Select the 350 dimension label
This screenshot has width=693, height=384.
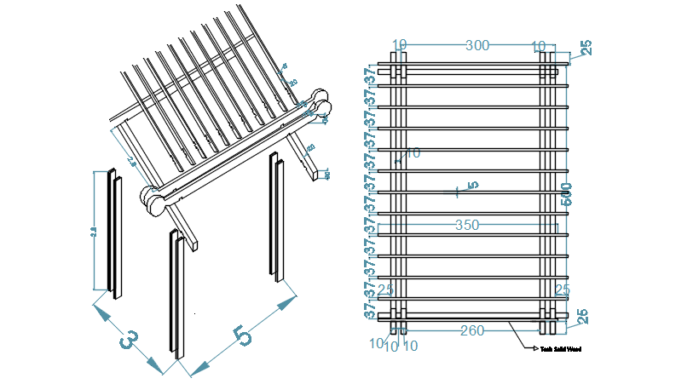[467, 226]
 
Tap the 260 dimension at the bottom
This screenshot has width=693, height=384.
[472, 330]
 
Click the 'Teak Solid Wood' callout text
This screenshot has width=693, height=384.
[559, 348]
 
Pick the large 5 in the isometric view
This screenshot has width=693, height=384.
[243, 335]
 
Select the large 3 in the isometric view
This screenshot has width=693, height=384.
[128, 340]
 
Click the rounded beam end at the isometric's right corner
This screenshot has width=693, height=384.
[321, 100]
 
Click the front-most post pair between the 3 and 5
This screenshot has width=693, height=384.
[176, 294]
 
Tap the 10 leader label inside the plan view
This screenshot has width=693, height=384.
[413, 153]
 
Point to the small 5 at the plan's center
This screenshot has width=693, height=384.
[473, 185]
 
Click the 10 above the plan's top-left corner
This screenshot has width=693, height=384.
[400, 45]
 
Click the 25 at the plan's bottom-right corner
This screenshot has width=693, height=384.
[580, 318]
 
